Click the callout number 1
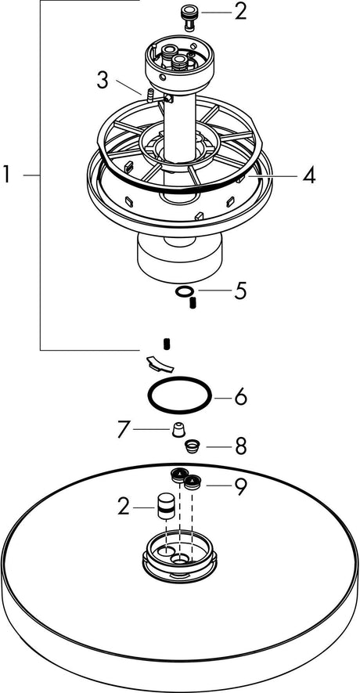(x=6, y=175)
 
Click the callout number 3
(x=103, y=81)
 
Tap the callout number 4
(x=309, y=176)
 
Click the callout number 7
(x=124, y=429)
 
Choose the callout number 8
(x=240, y=446)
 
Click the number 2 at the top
(x=240, y=13)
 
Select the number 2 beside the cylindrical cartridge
(x=124, y=507)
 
